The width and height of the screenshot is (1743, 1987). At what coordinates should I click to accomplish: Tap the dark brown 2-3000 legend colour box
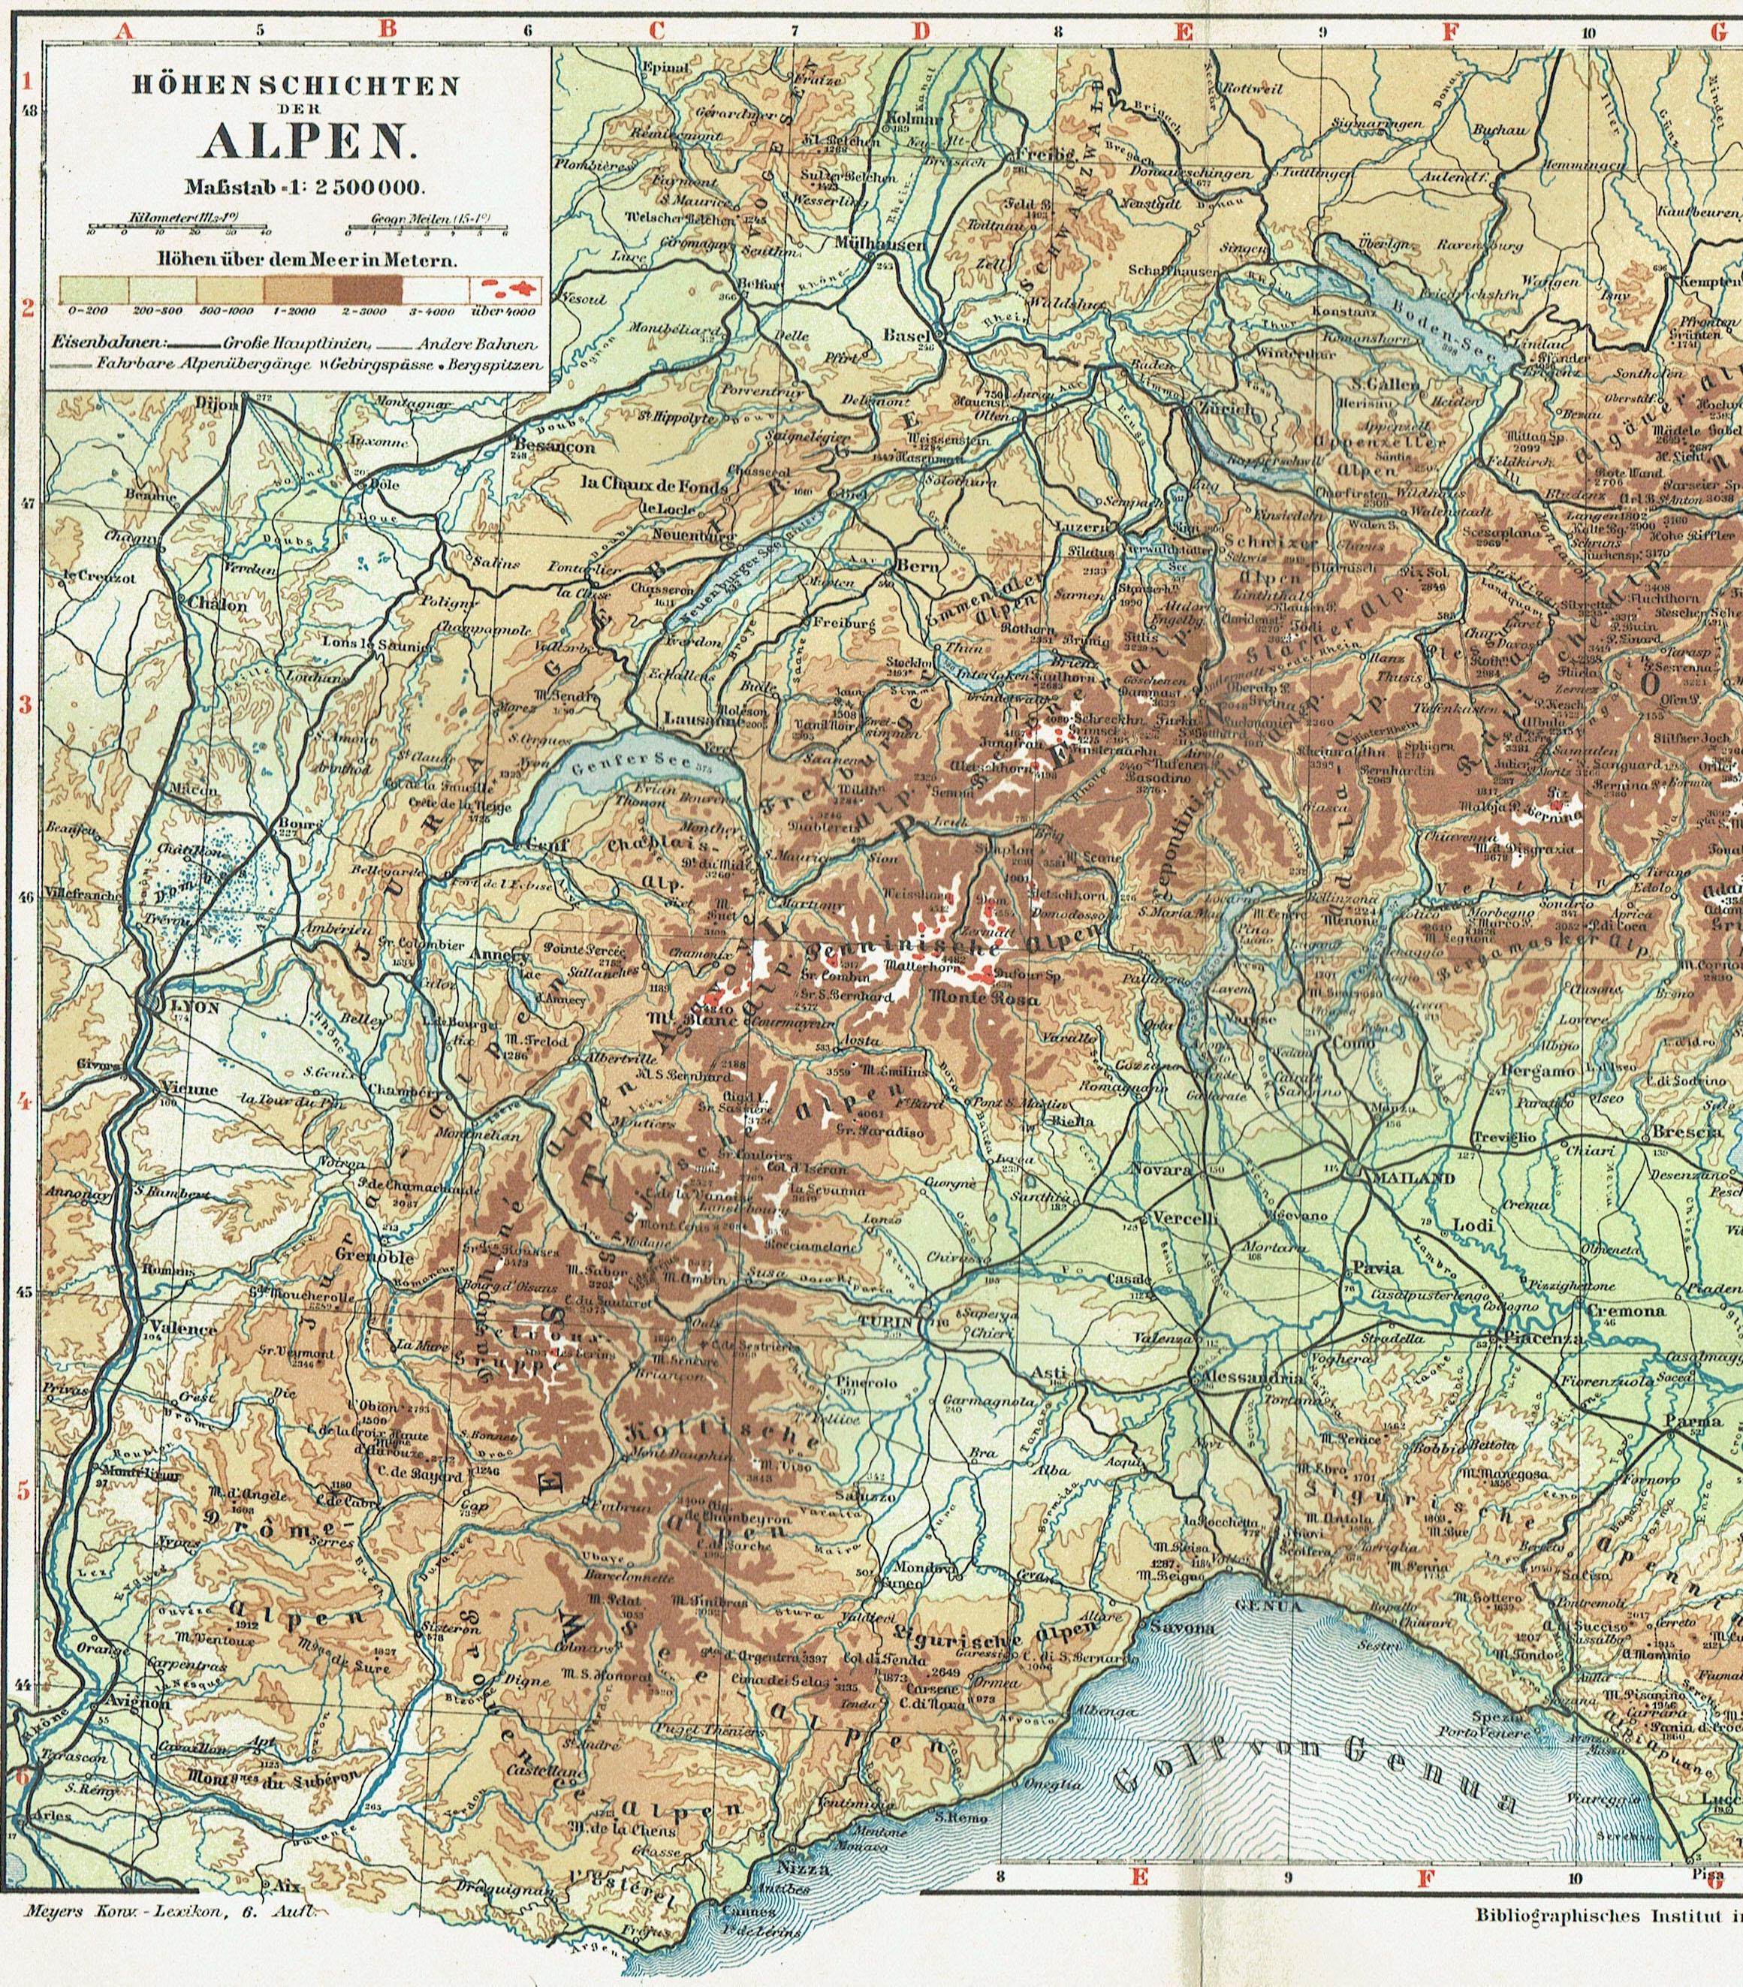coord(366,288)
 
